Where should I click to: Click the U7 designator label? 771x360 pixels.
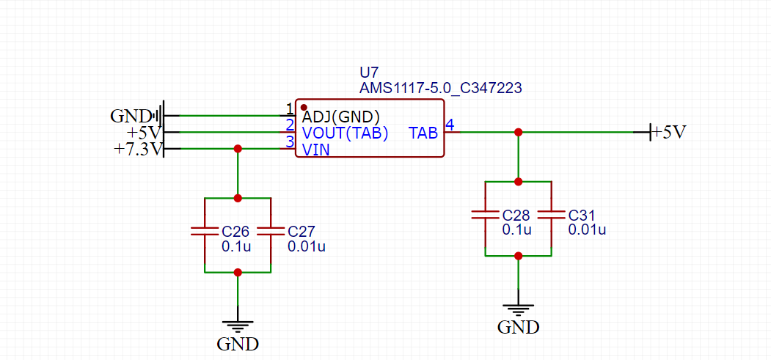(368, 73)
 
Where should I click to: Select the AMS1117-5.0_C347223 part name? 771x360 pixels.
(440, 88)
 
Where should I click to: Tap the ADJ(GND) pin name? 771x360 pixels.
(340, 116)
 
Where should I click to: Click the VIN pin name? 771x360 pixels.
(315, 150)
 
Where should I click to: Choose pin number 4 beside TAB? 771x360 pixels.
(450, 125)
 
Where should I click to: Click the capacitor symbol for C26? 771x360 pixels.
(204, 231)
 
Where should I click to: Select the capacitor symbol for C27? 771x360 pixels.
(271, 231)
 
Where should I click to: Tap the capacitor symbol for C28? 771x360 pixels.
(484, 215)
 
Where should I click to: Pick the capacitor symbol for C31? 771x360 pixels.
(551, 215)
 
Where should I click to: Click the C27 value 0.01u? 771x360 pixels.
(307, 246)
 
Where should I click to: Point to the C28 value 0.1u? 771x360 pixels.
(516, 229)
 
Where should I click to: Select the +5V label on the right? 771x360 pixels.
(669, 133)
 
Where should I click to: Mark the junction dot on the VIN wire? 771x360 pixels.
(237, 149)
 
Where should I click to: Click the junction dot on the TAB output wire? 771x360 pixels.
(518, 132)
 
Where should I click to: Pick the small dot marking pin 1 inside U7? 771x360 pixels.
(304, 108)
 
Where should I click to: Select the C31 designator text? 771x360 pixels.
(582, 216)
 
